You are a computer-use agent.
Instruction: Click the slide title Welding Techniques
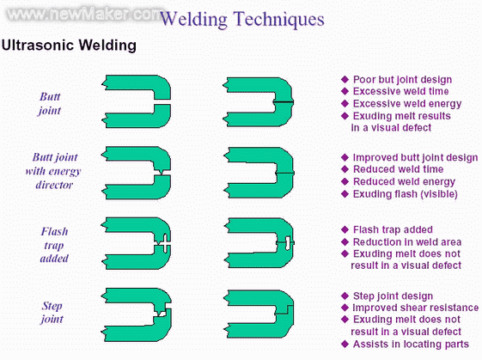(x=242, y=19)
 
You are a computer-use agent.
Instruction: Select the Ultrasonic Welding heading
(x=69, y=46)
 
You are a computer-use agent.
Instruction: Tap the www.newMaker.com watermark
(x=84, y=14)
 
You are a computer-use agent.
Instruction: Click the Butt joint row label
(x=50, y=103)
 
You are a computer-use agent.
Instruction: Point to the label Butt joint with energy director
(x=53, y=171)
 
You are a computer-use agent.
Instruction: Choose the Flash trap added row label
(x=54, y=245)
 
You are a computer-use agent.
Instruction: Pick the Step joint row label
(x=52, y=313)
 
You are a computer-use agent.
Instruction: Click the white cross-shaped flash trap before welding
(x=165, y=244)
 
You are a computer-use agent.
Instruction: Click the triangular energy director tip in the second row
(x=160, y=172)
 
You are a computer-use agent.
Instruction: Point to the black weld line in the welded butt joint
(x=284, y=101)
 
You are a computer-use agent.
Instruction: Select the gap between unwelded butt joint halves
(x=162, y=101)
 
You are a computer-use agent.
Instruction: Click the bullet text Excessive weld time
(x=400, y=91)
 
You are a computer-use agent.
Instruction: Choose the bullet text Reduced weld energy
(x=404, y=181)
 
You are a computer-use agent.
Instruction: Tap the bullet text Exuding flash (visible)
(x=406, y=194)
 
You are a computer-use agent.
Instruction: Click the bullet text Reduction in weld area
(x=407, y=242)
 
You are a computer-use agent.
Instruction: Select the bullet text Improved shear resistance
(x=415, y=308)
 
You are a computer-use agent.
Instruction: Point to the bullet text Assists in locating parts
(x=411, y=344)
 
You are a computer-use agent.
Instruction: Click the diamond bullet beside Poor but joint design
(x=345, y=79)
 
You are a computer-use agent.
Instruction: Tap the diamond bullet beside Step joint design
(x=345, y=296)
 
